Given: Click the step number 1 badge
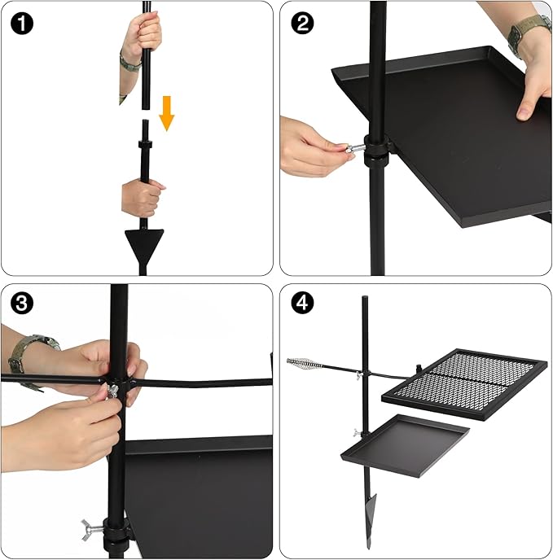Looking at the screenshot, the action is pos(22,24).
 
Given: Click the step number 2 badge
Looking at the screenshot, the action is pos(302,24).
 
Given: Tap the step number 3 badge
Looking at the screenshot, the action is pos(22,304).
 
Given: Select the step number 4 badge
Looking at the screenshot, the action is pos(302,304).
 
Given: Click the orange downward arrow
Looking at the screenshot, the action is pos(167,113).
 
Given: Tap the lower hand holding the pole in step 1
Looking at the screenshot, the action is pos(143,198).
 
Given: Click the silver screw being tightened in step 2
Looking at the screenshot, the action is pos(354,148).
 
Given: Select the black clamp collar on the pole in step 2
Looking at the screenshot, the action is pos(377,150).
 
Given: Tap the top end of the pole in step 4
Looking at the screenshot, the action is pos(365,297).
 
